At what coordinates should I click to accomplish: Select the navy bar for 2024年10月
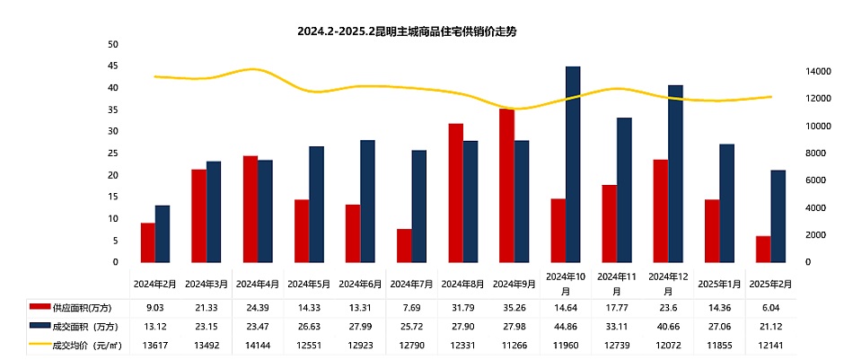pos(573,164)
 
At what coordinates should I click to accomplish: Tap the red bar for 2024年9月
pos(506,186)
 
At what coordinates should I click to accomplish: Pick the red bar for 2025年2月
pos(763,250)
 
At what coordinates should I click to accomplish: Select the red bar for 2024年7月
pos(405,246)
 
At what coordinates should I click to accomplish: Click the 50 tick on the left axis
pos(113,44)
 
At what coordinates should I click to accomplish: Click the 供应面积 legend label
pos(82,308)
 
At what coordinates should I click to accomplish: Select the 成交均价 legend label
pos(85,342)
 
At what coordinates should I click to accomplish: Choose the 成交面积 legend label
pos(84,325)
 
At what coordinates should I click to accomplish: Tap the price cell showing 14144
pos(258,342)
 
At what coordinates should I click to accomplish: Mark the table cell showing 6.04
pos(772,308)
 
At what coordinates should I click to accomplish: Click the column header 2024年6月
pos(360,284)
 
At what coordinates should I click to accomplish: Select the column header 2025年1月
pos(720,284)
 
